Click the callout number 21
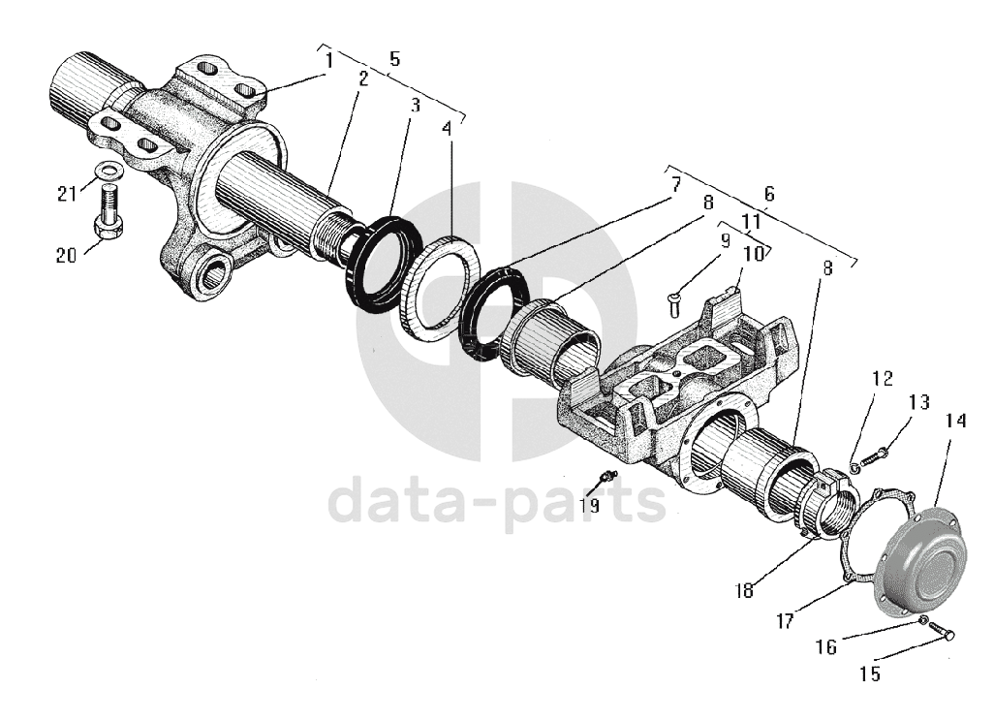click(x=66, y=194)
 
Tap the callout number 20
click(x=66, y=256)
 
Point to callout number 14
click(x=956, y=421)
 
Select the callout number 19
click(x=589, y=505)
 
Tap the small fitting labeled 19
click(x=608, y=476)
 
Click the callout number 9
click(x=724, y=237)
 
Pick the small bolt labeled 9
click(x=674, y=301)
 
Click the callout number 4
click(x=447, y=127)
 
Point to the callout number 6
click(x=769, y=193)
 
